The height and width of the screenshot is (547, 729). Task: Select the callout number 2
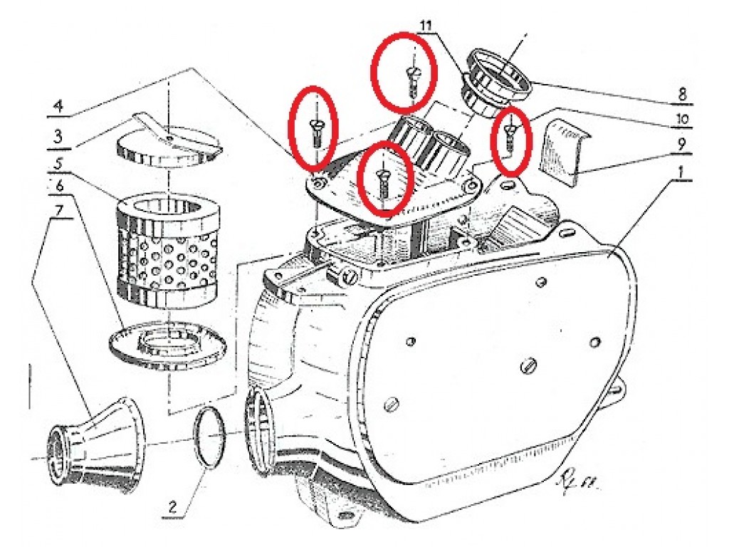(172, 506)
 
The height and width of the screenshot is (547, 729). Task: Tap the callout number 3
(58, 137)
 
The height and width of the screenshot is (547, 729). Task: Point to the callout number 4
(58, 106)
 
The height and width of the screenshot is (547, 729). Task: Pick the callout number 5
(59, 164)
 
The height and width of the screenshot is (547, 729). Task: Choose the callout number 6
(60, 187)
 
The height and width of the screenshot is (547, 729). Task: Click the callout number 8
(681, 95)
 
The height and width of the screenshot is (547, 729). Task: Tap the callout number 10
(681, 119)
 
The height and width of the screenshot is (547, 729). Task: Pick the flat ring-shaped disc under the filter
(167, 345)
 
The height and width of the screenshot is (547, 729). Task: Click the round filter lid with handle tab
(167, 145)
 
